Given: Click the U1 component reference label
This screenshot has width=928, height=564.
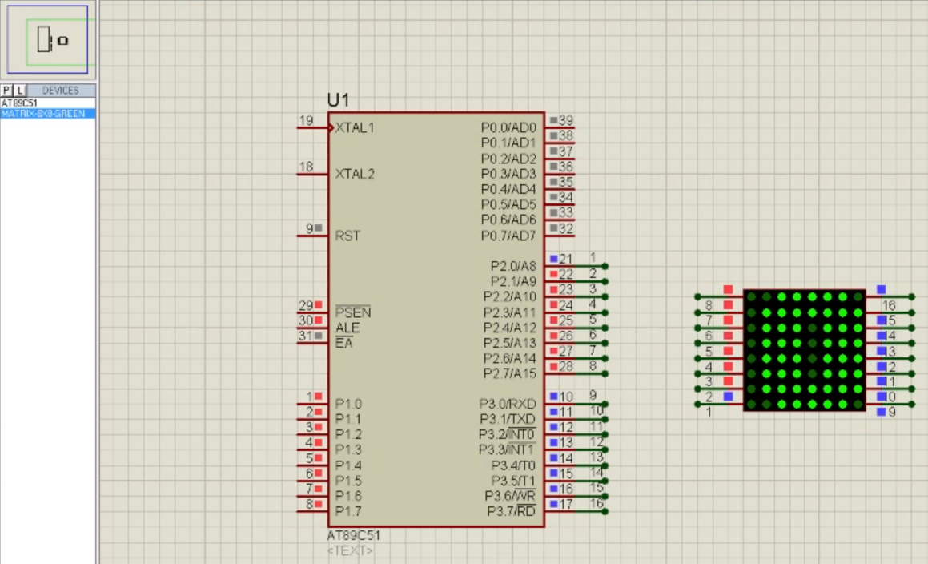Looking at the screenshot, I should (x=338, y=100).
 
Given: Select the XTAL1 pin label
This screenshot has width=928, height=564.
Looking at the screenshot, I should (x=355, y=127).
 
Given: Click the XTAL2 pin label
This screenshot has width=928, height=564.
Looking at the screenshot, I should (x=355, y=174).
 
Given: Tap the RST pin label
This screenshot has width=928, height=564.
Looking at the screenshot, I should (x=347, y=236).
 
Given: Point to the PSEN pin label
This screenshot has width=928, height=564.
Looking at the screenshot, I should (x=353, y=312).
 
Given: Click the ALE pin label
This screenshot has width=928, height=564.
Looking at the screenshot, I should (x=347, y=328).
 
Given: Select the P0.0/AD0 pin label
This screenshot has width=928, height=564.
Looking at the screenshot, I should (x=508, y=127).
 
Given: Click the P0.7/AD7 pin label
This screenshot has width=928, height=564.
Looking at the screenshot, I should (x=508, y=236).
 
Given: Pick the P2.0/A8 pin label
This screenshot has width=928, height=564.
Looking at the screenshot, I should (x=513, y=266).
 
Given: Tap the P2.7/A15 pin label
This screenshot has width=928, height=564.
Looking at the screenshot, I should (x=510, y=374).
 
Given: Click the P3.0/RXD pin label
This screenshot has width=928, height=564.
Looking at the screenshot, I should (x=508, y=405).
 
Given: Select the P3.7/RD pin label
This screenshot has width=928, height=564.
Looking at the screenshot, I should (x=511, y=511).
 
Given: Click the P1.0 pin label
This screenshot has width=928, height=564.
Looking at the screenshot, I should (x=348, y=405).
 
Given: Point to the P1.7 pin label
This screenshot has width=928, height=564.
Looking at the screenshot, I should (x=348, y=511).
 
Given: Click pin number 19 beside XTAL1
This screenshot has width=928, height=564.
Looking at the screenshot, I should (x=306, y=121).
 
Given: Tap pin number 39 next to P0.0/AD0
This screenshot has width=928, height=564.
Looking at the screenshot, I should (x=566, y=121).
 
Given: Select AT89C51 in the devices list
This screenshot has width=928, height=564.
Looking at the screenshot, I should (x=19, y=103).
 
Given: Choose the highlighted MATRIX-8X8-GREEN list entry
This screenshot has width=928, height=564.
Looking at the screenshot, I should (x=43, y=114).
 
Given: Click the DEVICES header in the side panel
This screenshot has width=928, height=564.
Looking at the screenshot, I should (x=61, y=91).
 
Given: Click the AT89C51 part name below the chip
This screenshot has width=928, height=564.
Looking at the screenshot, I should (x=354, y=535).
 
